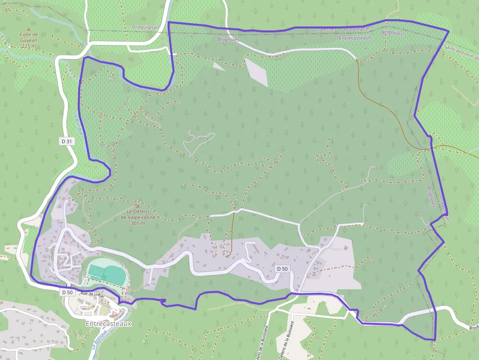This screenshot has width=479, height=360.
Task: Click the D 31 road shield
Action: pyautogui.click(x=67, y=141)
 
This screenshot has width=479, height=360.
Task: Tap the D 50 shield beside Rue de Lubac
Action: pyautogui.click(x=67, y=292)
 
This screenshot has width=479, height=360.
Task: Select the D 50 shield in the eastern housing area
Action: pyautogui.click(x=283, y=269)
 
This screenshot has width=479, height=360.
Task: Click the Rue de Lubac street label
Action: pyautogui.click(x=92, y=294)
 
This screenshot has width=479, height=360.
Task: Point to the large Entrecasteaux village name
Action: pyautogui.click(x=109, y=323)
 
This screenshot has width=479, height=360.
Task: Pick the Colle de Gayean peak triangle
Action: pyautogui.click(x=29, y=29)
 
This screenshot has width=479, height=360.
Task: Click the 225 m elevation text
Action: pyautogui.click(x=29, y=46)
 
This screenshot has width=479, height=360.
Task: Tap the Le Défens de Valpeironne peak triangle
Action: pyautogui.click(x=137, y=206)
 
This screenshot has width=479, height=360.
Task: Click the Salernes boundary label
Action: pyautogui.click(x=327, y=29)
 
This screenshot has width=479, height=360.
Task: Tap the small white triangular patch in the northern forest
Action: pyautogui.click(x=218, y=66)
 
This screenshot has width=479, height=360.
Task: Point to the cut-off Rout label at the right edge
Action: pyautogui.click(x=473, y=328)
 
